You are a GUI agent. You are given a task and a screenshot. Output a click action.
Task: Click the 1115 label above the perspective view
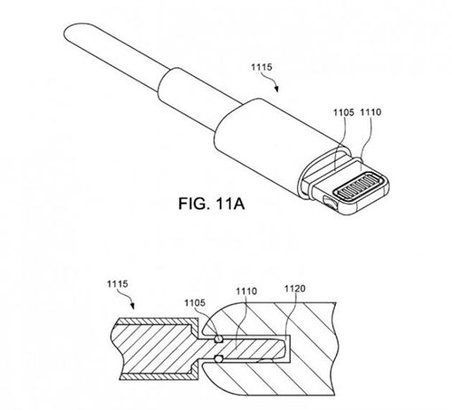click(x=261, y=67)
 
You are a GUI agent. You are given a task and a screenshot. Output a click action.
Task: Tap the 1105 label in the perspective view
click(x=344, y=112)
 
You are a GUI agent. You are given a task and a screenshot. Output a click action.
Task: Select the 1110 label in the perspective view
click(x=370, y=112)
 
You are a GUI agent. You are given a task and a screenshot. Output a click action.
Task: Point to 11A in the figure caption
click(x=230, y=204)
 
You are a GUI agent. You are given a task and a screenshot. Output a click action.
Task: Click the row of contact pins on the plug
click(x=359, y=187)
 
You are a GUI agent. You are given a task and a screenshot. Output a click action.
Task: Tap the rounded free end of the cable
click(x=68, y=34)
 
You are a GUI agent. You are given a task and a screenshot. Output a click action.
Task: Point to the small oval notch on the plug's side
click(x=330, y=203)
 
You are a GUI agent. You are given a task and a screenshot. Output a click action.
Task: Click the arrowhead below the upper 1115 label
click(x=277, y=89)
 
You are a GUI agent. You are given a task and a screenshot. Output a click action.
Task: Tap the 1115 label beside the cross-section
click(x=117, y=284)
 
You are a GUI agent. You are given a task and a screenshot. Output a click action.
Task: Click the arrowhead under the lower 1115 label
click(x=133, y=306)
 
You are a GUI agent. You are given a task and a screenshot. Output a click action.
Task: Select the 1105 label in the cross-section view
click(x=195, y=303)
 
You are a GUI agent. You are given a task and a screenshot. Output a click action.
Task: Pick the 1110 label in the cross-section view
click(x=246, y=291)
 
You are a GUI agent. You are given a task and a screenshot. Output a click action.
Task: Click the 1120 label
click(x=295, y=289)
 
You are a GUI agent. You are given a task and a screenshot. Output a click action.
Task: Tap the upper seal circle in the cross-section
click(x=218, y=338)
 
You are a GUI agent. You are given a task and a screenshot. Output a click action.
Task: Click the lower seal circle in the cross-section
click(x=218, y=359)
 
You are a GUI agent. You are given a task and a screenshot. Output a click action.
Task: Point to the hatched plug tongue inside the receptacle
click(x=251, y=349)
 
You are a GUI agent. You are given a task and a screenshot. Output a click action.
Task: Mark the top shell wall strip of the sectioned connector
click(x=157, y=321)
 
